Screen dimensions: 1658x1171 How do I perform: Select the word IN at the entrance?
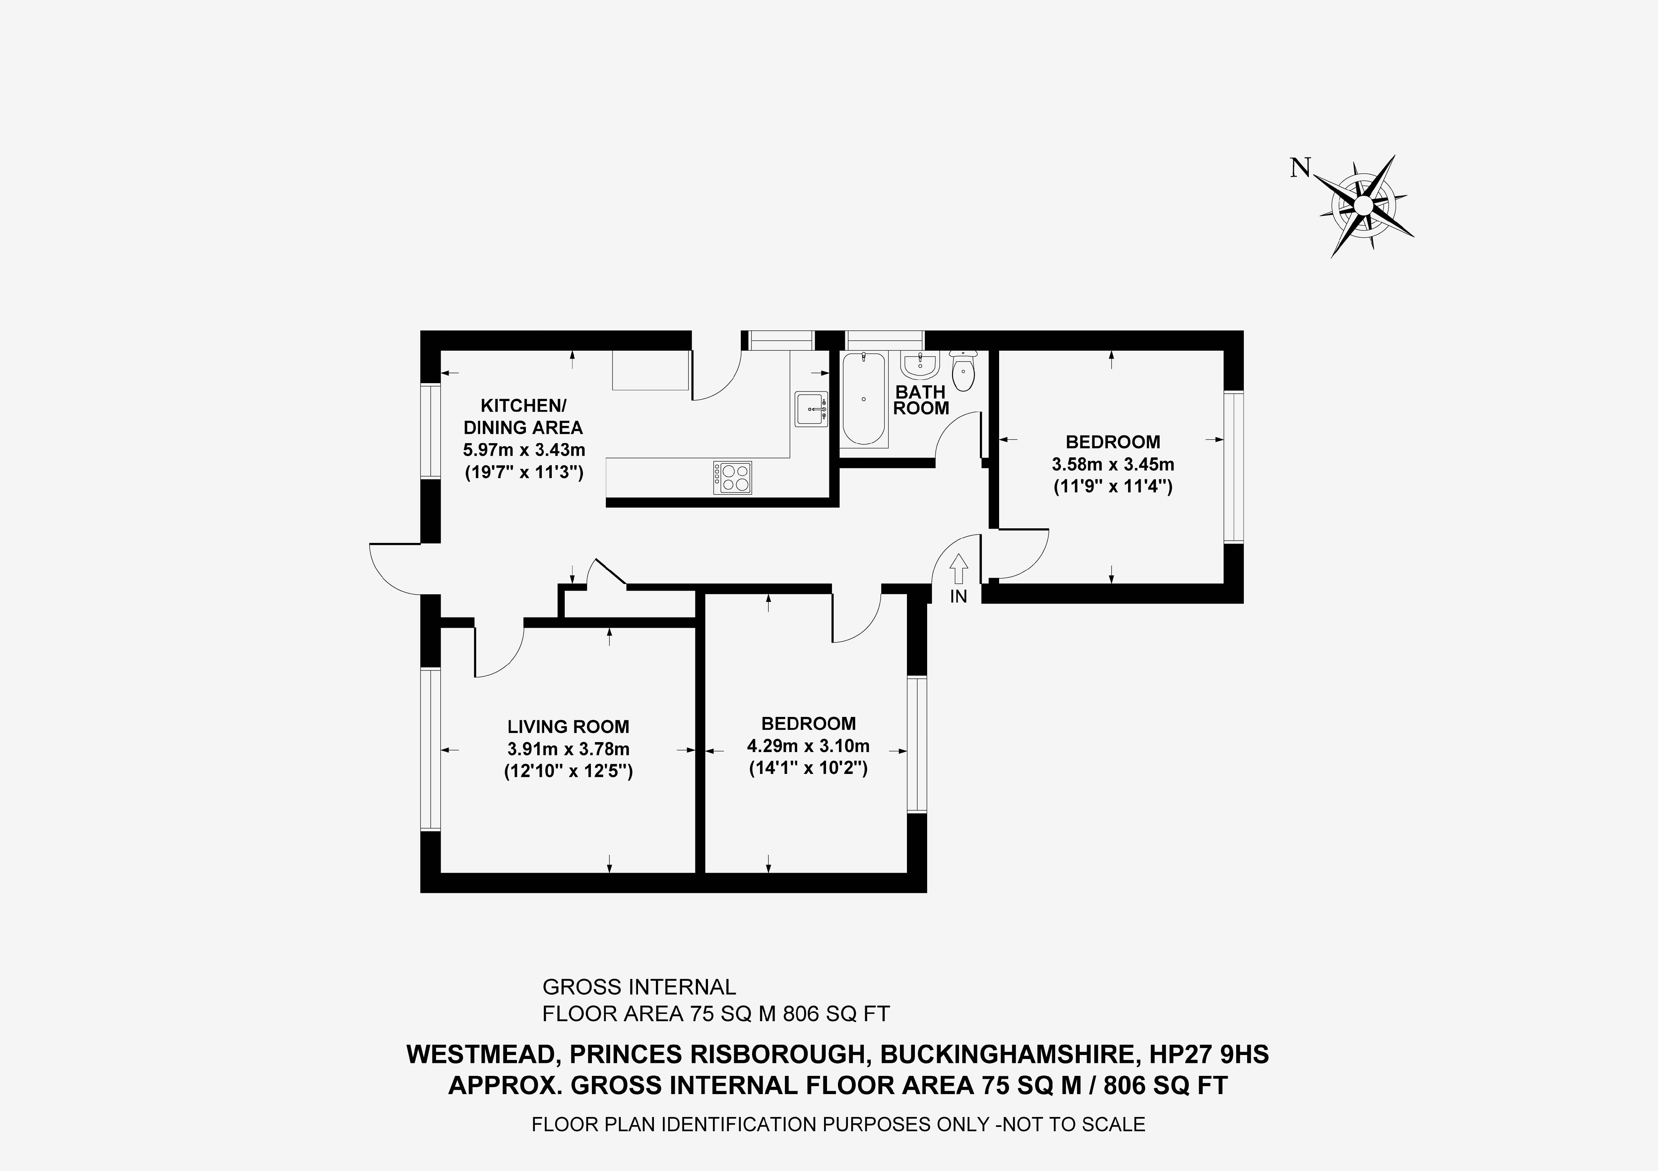(x=958, y=596)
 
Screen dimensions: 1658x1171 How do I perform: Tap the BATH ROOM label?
(x=921, y=400)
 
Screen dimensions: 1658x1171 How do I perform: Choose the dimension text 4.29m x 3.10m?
(x=808, y=746)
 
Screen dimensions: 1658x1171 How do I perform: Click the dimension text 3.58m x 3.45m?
(x=1113, y=464)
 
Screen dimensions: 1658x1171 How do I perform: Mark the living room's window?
(x=430, y=749)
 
